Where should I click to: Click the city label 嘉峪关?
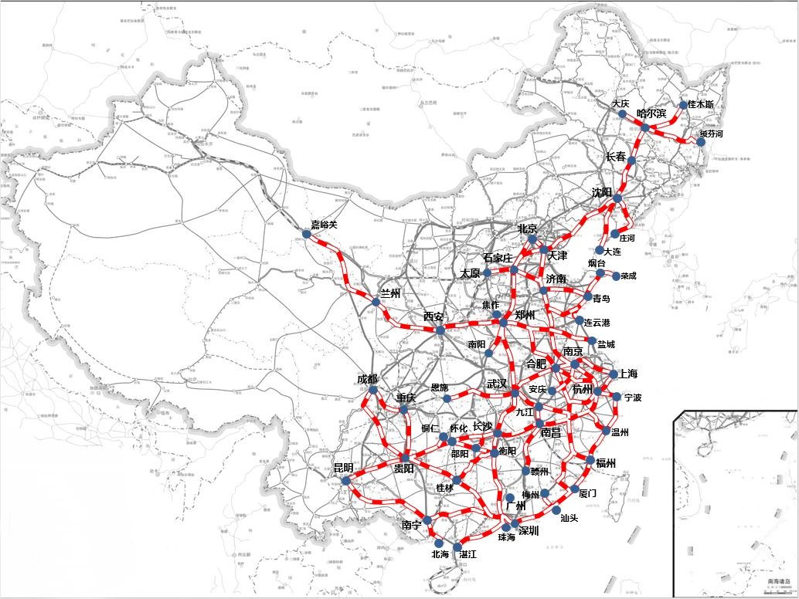[x=325, y=225]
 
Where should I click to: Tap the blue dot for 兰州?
[x=376, y=302]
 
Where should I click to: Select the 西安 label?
[x=433, y=316]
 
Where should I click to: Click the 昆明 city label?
[x=343, y=468]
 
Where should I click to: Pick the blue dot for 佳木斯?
[x=683, y=105]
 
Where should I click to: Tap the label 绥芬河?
[x=712, y=134]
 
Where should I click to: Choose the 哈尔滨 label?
[x=651, y=113]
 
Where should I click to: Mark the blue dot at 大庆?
[x=622, y=113]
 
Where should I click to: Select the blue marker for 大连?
[x=600, y=250]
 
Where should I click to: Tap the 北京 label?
[x=527, y=228]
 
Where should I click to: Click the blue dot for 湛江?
[x=457, y=546]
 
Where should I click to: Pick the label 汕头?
[x=569, y=518]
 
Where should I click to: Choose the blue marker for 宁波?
[x=617, y=397]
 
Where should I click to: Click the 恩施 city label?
[x=439, y=387]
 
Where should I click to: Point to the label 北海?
[x=440, y=554]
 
